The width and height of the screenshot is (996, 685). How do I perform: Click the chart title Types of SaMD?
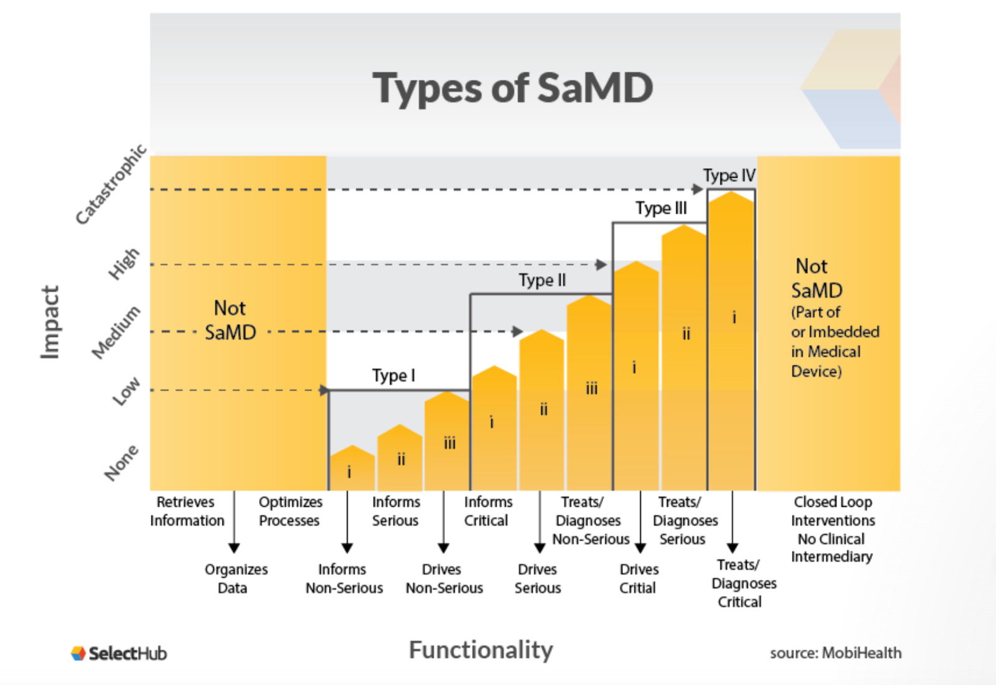tap(512, 88)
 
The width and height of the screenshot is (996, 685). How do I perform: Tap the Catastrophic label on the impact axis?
tap(111, 184)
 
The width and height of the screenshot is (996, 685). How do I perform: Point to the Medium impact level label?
tap(116, 332)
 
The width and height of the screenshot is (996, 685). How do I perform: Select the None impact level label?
tap(121, 463)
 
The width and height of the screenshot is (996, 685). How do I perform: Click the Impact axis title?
tap(50, 322)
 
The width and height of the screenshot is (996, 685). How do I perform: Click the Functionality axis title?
tap(481, 650)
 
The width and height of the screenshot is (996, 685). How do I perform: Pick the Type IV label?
tap(729, 175)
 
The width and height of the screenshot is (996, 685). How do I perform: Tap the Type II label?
tap(542, 281)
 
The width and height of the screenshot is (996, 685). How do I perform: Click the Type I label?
tap(393, 376)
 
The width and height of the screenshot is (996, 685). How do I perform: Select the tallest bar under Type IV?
tap(731, 342)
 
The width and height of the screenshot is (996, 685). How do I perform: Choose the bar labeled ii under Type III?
tap(684, 361)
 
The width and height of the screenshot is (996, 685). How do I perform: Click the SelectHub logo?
tap(119, 653)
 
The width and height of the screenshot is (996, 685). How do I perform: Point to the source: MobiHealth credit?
tap(835, 653)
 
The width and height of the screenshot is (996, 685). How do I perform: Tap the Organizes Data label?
tap(235, 579)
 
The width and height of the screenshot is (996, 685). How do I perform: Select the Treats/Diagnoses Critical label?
tap(743, 583)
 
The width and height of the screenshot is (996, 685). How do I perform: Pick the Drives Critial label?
tap(639, 579)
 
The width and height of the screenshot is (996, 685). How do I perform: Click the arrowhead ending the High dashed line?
tap(601, 264)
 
